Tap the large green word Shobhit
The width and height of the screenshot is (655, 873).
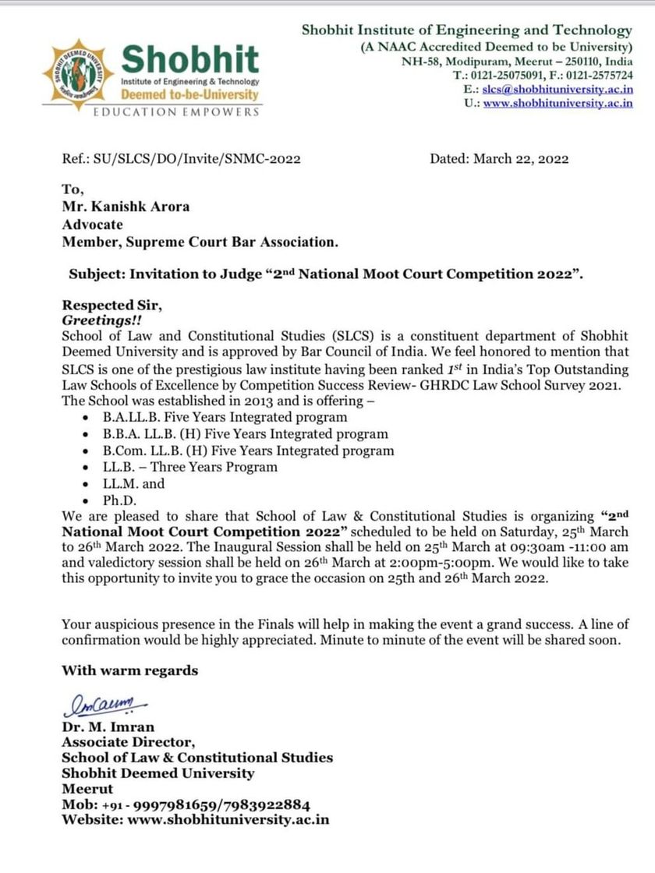(x=190, y=58)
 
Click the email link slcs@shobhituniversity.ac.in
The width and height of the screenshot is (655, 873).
(x=558, y=90)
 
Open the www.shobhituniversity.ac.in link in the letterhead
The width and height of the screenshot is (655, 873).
(x=558, y=104)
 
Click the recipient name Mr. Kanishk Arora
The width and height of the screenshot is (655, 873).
(x=126, y=207)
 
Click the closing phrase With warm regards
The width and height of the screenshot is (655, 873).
(x=129, y=670)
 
